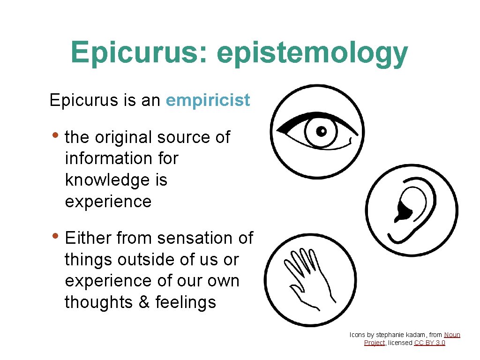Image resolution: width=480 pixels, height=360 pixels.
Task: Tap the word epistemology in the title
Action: tap(312, 53)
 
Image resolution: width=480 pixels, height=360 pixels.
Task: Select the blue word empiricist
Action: tap(208, 100)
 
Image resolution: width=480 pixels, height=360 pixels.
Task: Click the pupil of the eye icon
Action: tap(321, 131)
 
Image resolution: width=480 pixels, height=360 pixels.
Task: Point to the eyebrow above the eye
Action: tap(300, 119)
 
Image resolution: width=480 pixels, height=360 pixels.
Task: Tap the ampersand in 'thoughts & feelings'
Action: tap(143, 302)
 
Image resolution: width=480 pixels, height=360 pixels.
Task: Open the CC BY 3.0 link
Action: tap(430, 343)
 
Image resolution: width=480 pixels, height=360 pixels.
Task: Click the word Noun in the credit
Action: tap(452, 335)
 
